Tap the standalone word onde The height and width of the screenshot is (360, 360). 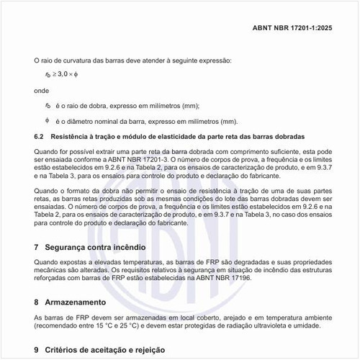(x=42, y=92)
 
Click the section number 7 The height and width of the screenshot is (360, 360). (x=37, y=247)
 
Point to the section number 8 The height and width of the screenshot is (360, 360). (x=37, y=301)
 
